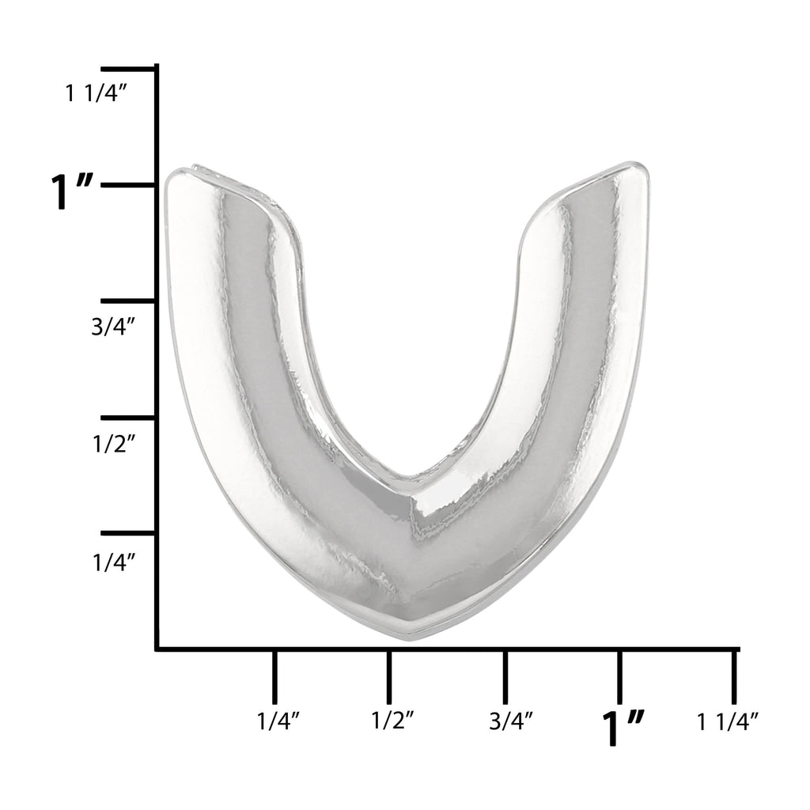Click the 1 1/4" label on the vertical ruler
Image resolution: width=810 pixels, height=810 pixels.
click(96, 93)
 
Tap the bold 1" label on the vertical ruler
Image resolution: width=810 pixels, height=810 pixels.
click(72, 191)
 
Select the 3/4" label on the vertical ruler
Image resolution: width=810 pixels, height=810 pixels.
click(114, 326)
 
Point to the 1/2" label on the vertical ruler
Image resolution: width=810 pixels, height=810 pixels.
click(114, 443)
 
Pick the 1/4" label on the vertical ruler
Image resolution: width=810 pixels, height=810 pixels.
click(114, 562)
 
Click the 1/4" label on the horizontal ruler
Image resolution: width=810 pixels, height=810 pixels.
click(278, 721)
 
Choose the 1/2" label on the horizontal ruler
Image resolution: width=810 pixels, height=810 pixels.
click(393, 720)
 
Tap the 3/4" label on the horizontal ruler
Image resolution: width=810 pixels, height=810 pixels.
click(511, 721)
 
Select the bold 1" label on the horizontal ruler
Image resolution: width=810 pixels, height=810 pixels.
click(623, 728)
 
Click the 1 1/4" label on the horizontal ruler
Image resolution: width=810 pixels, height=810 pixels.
click(728, 721)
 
